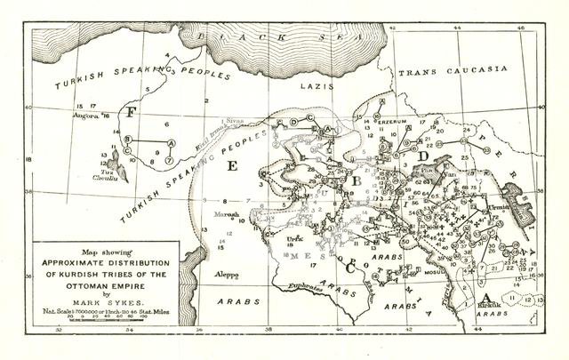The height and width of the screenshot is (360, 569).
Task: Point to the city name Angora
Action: [x=86, y=116]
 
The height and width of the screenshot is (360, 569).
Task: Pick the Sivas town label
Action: [x=235, y=119]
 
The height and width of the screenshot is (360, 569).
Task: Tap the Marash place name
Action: [x=228, y=215]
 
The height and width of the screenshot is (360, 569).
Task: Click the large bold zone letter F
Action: [x=131, y=113]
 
